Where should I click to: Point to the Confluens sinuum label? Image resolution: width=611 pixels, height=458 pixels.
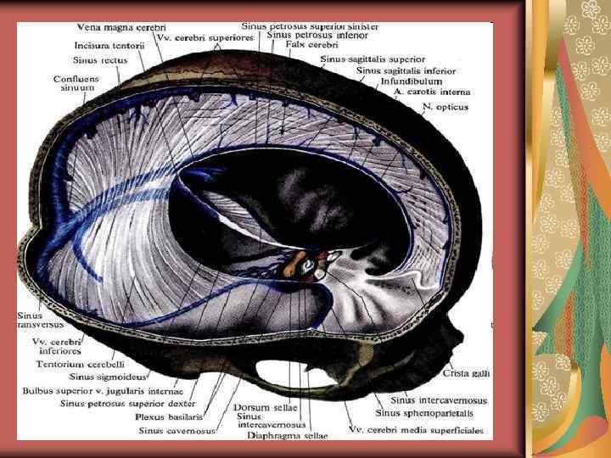point(77,82)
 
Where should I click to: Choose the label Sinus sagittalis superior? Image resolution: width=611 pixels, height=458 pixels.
point(373,59)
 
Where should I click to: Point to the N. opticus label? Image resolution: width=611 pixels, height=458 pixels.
point(445,107)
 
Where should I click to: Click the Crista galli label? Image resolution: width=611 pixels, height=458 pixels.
point(466,373)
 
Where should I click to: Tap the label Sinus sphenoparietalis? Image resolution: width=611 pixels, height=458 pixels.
point(424,413)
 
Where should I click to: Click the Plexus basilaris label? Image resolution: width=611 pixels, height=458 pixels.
point(176,416)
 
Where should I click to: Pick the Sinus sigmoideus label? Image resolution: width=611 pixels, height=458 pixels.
point(105,377)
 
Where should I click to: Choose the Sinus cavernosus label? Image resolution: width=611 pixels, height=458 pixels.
point(177,431)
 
